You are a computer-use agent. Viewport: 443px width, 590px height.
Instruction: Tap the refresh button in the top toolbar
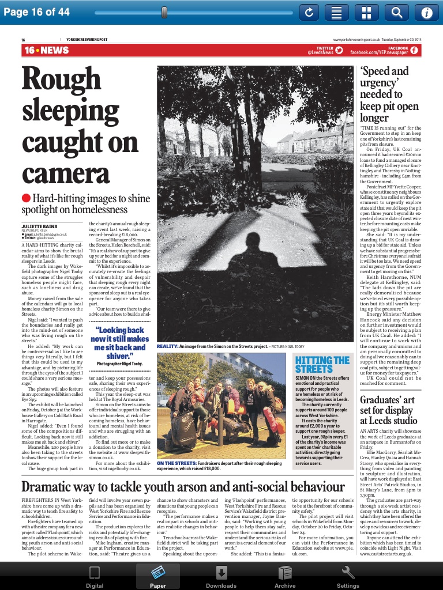pyautogui.click(x=309, y=12)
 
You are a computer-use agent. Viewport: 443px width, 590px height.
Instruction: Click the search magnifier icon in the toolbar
pyautogui.click(x=397, y=12)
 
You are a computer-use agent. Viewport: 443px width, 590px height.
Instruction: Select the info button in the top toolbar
pyautogui.click(x=427, y=12)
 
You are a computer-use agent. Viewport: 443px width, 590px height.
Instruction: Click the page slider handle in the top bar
pyautogui.click(x=164, y=12)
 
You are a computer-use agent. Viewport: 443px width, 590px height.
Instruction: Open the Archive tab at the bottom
pyautogui.click(x=285, y=577)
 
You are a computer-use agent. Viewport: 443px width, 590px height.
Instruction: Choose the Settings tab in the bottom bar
pyautogui.click(x=348, y=577)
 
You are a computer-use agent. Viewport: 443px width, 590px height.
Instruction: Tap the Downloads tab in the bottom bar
pyautogui.click(x=221, y=577)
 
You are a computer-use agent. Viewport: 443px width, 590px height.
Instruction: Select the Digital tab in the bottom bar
pyautogui.click(x=95, y=577)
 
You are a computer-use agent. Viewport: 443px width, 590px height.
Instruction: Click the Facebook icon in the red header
pyautogui.click(x=414, y=51)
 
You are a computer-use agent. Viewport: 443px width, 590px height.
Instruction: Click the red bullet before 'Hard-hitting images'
pyautogui.click(x=27, y=198)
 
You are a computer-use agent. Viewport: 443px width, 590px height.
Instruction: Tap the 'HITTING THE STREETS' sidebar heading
pyautogui.click(x=322, y=364)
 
